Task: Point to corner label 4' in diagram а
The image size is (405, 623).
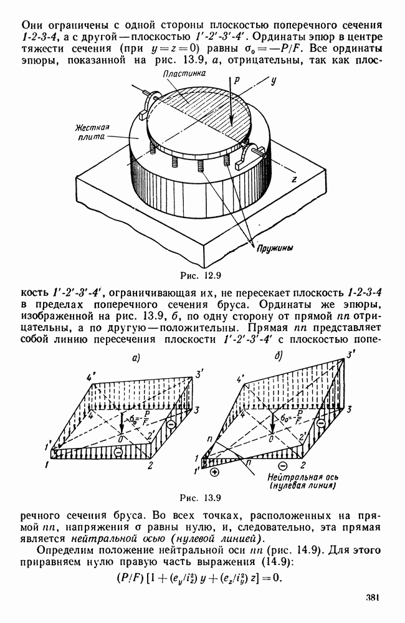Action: click(x=90, y=378)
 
